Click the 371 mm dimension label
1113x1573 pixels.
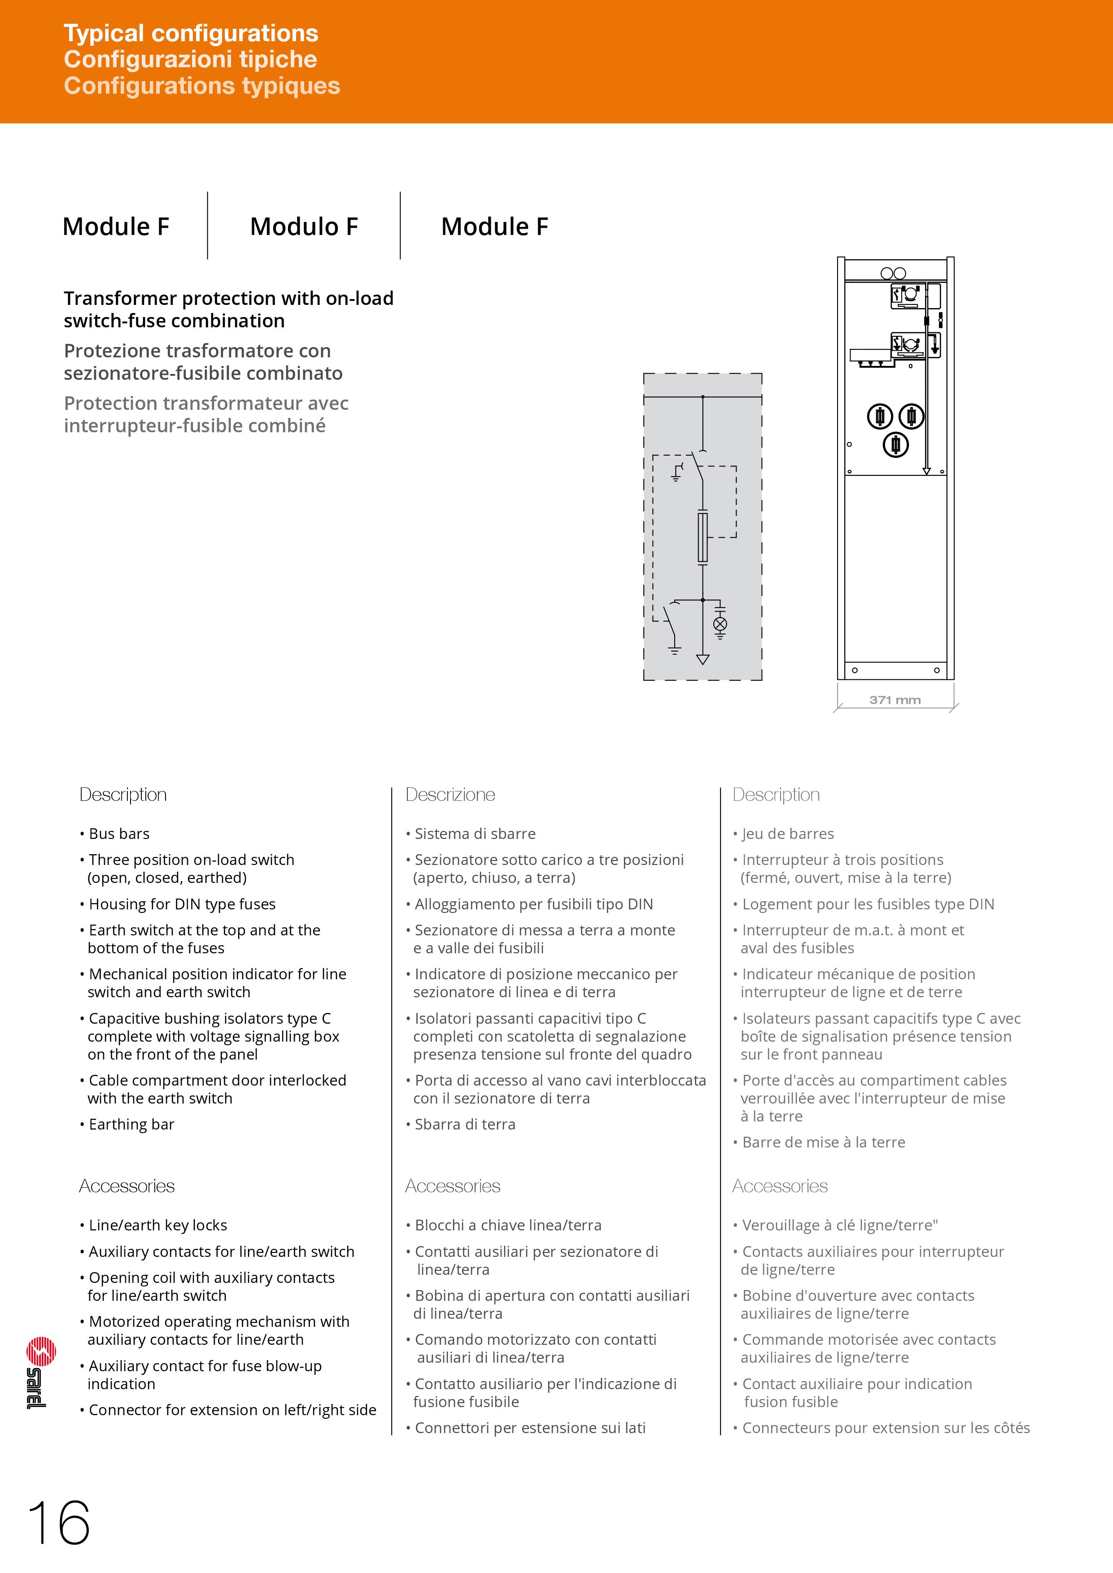[x=895, y=700]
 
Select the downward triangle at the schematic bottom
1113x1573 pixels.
[x=703, y=659]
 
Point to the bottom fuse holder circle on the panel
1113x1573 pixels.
[x=895, y=445]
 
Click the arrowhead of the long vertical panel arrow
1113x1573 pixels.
[x=926, y=471]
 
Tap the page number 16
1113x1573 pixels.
[x=59, y=1523]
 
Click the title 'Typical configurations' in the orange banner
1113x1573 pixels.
[x=191, y=33]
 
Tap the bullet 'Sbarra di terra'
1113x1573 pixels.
[x=465, y=1124]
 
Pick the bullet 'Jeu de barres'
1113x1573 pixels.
[x=787, y=834]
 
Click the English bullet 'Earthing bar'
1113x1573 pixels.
[x=131, y=1124]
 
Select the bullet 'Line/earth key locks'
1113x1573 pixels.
[x=157, y=1225]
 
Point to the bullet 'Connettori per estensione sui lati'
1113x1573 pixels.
[x=530, y=1428]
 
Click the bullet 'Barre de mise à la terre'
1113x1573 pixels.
[x=823, y=1142]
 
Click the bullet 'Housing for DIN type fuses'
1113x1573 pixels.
[x=182, y=904]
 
